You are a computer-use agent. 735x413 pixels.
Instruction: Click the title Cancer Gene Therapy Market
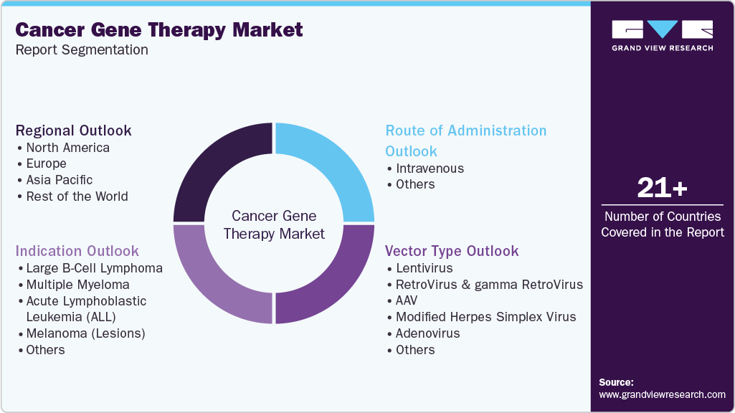159,30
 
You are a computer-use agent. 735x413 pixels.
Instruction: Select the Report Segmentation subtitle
82,50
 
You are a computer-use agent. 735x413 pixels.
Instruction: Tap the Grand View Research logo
662,35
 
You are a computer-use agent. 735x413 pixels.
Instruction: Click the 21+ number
662,188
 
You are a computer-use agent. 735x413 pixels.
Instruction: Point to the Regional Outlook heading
74,130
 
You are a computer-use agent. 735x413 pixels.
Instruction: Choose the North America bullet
68,148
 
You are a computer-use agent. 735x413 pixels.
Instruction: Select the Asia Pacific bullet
60,180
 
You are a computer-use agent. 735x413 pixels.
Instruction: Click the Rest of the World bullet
77,196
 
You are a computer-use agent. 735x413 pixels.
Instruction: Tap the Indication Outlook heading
77,251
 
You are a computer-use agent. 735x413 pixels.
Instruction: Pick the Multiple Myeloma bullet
77,285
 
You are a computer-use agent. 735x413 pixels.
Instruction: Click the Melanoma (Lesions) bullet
85,333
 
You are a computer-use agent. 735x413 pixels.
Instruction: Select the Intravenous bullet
430,168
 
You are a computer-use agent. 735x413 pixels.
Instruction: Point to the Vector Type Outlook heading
452,251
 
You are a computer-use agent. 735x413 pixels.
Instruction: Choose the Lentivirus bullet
424,268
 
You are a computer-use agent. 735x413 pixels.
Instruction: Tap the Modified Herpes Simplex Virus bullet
485,317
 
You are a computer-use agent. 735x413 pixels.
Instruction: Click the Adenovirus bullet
427,333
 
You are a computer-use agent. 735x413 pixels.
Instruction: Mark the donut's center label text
274,224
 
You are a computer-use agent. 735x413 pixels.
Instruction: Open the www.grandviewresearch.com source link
662,394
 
